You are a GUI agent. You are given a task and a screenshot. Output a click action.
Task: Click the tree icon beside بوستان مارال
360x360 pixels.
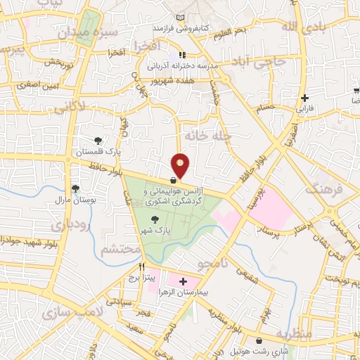(75, 188)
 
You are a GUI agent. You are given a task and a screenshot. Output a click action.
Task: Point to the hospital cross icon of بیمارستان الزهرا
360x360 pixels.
(184, 281)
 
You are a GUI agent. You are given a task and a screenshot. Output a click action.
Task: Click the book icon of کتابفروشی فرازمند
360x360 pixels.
(182, 18)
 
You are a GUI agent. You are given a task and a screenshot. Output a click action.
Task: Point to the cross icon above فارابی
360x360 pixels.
(304, 98)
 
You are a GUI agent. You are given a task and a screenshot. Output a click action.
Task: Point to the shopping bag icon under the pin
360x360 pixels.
(173, 179)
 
